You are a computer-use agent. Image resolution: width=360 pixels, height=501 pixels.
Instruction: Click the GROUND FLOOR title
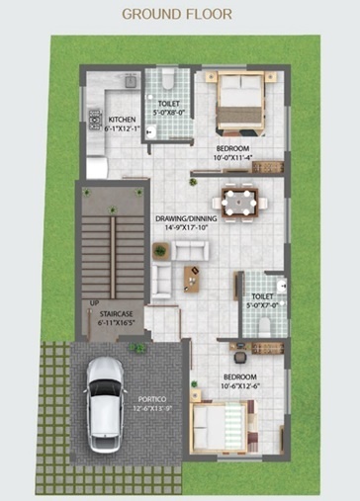click(177, 15)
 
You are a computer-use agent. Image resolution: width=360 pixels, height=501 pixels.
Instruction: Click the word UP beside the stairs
click(95, 302)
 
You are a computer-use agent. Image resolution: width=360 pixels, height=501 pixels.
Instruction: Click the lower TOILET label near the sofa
click(262, 296)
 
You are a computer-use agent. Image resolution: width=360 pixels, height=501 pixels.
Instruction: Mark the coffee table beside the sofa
click(191, 280)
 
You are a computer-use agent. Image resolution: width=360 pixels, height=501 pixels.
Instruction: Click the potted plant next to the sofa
click(157, 251)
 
